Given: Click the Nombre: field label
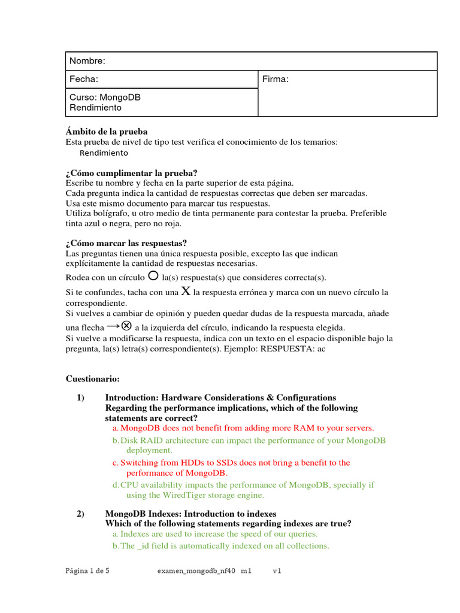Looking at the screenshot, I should tap(87, 61).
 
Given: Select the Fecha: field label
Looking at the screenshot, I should tap(84, 79).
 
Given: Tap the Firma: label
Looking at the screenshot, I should tap(276, 79).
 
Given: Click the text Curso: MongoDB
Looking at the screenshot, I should tap(105, 97).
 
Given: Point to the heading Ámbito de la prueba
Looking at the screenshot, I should tap(106, 132).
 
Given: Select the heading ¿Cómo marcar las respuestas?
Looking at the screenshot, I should tap(126, 243).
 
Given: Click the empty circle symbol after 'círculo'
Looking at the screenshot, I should tap(153, 276).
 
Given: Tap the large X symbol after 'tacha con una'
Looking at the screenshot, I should tap(186, 292).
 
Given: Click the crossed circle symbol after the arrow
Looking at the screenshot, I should tap(126, 326).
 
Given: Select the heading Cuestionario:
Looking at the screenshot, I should tap(92, 379).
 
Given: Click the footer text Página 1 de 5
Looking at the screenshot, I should tap(87, 571).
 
